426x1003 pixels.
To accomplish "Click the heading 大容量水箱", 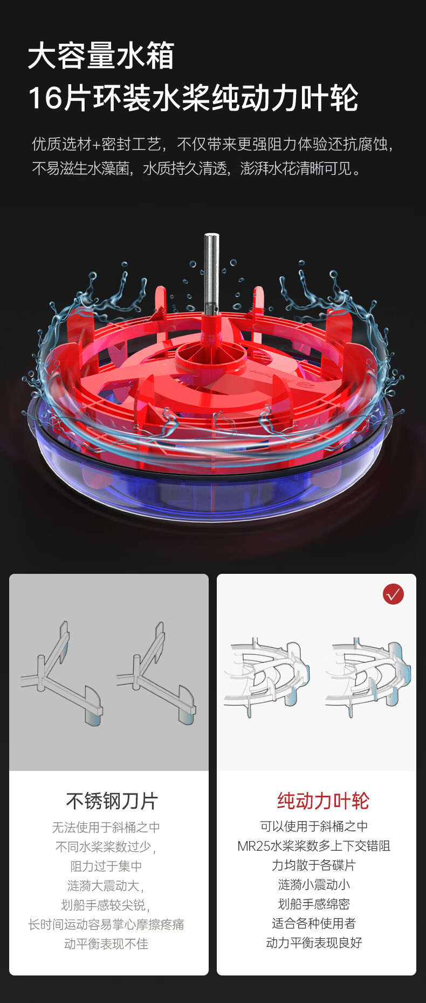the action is pyautogui.click(x=101, y=56).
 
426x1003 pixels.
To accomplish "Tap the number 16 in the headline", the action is pyautogui.click(x=44, y=98).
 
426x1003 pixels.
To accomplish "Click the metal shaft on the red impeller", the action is pyautogui.click(x=211, y=273).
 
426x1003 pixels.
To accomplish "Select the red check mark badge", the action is pyautogui.click(x=393, y=594).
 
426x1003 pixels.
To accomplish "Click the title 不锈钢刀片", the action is pyautogui.click(x=112, y=801).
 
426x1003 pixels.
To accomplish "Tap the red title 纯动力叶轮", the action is pyautogui.click(x=323, y=801).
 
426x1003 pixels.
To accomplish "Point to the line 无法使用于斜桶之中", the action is pyautogui.click(x=106, y=827).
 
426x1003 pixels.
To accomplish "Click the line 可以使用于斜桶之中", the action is pyautogui.click(x=314, y=826).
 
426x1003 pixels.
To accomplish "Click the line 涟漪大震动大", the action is pyautogui.click(x=106, y=885).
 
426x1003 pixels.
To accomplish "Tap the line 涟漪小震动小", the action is pyautogui.click(x=314, y=884).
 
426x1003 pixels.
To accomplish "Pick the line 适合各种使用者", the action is pyautogui.click(x=314, y=923).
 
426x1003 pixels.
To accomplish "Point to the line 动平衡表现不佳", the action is pyautogui.click(x=106, y=944).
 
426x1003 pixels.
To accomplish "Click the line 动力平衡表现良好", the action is pyautogui.click(x=314, y=943).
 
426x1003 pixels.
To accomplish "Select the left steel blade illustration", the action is pyautogui.click(x=61, y=673).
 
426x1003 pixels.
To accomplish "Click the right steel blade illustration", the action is pyautogui.click(x=156, y=673).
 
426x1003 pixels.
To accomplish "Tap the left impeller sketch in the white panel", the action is pyautogui.click(x=267, y=677).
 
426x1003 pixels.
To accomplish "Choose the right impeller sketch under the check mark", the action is pyautogui.click(x=368, y=677).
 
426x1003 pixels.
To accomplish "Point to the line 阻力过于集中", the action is pyautogui.click(x=106, y=866).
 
